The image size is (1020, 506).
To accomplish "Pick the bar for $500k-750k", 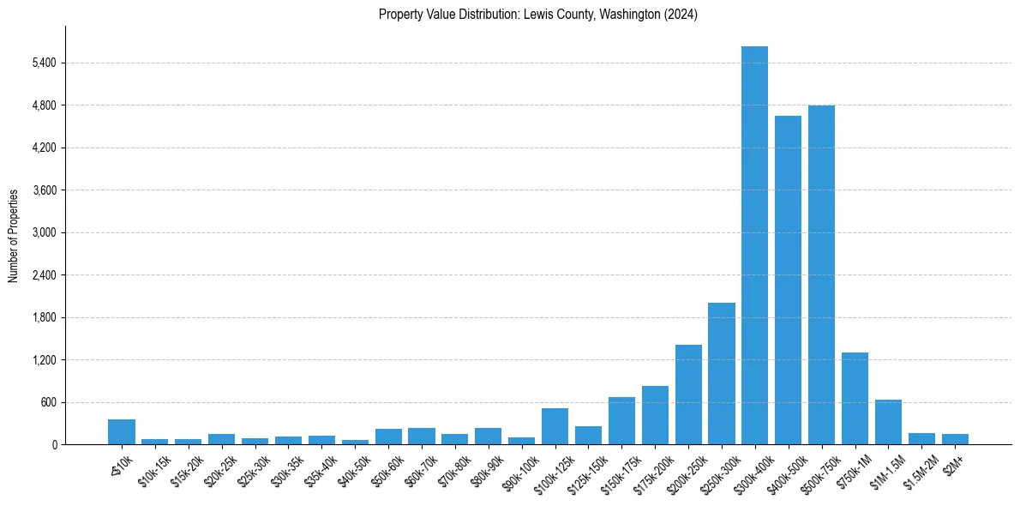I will click(x=821, y=274).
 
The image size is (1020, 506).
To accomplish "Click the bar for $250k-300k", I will click(x=722, y=373).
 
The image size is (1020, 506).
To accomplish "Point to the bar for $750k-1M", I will click(x=855, y=398).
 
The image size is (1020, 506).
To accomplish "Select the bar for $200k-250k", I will click(x=688, y=395).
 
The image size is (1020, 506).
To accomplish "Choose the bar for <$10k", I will click(x=122, y=431).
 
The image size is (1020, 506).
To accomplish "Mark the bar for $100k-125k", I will click(x=555, y=426).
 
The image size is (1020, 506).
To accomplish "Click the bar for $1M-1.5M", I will click(x=888, y=422).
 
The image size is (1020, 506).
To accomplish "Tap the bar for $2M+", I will click(x=955, y=439).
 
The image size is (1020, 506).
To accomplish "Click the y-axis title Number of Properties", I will click(x=14, y=236).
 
